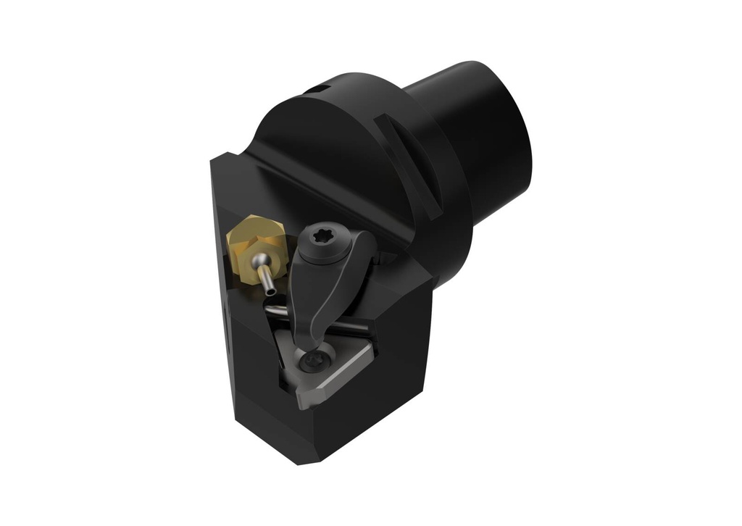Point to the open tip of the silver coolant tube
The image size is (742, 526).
pos(270,291)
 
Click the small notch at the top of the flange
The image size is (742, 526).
pos(313,91)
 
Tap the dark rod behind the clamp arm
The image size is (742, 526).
pos(276,311)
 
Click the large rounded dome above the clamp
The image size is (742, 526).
pos(326,145)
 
